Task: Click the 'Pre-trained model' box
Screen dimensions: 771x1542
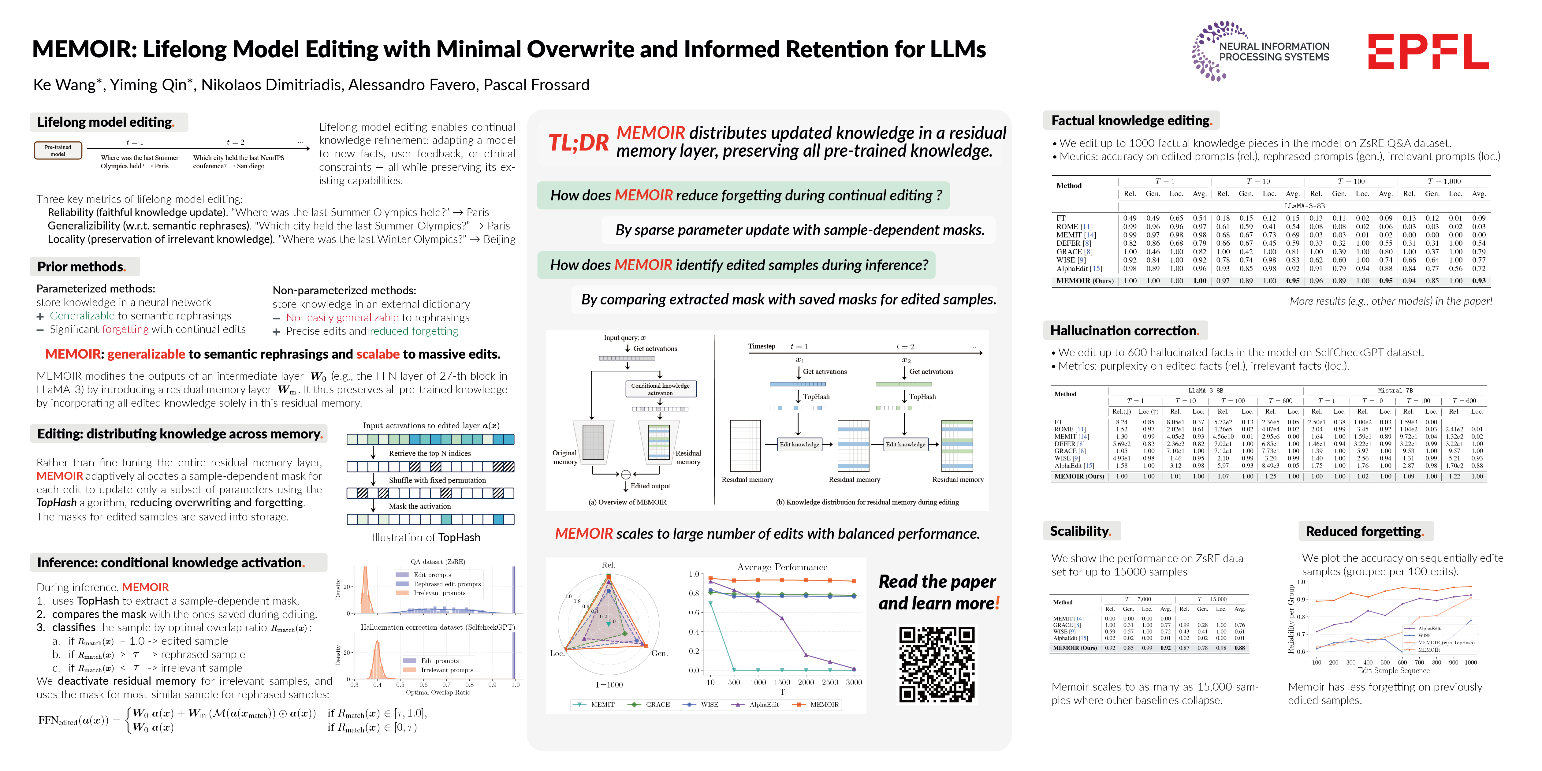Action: [x=58, y=150]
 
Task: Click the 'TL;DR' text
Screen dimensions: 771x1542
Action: [x=578, y=143]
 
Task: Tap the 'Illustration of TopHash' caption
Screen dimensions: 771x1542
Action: [x=426, y=538]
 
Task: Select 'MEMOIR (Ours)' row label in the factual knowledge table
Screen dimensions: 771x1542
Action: [x=1085, y=281]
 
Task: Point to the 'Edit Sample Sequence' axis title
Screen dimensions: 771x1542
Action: [x=1393, y=670]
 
